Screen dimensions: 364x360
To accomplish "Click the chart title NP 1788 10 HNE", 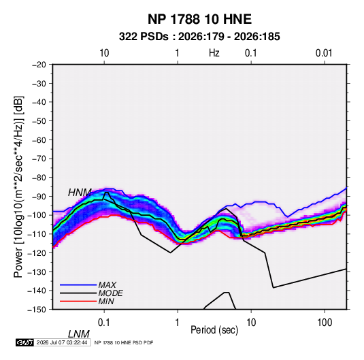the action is (199, 19).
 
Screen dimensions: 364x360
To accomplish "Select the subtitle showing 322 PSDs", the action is (199, 37).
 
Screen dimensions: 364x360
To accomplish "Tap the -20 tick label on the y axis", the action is (39, 65).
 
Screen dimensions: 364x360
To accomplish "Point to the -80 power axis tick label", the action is (39, 178).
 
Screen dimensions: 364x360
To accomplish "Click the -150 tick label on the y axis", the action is (37, 310).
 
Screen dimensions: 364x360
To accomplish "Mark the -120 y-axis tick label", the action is (37, 252).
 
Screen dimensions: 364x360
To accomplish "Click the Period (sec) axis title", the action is (214, 330).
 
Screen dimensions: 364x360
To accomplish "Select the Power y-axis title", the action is (18, 186).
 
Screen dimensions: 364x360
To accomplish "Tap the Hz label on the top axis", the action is (214, 53).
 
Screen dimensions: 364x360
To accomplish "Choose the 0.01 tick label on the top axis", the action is (324, 53).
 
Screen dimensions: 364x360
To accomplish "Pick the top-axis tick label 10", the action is (104, 53).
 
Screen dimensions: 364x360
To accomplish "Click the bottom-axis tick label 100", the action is (325, 323).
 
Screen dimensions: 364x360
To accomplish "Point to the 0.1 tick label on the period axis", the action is (103, 323).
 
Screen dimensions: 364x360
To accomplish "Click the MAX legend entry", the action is (107, 284).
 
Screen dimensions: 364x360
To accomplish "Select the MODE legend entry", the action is (110, 293).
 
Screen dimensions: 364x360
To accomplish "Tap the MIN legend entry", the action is (106, 301).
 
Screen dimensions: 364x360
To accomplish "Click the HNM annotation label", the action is (80, 193).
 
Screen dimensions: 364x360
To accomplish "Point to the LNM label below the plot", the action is (79, 334).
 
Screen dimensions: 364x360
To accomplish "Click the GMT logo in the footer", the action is (24, 342).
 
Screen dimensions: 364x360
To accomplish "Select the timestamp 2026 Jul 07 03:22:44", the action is (62, 342).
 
